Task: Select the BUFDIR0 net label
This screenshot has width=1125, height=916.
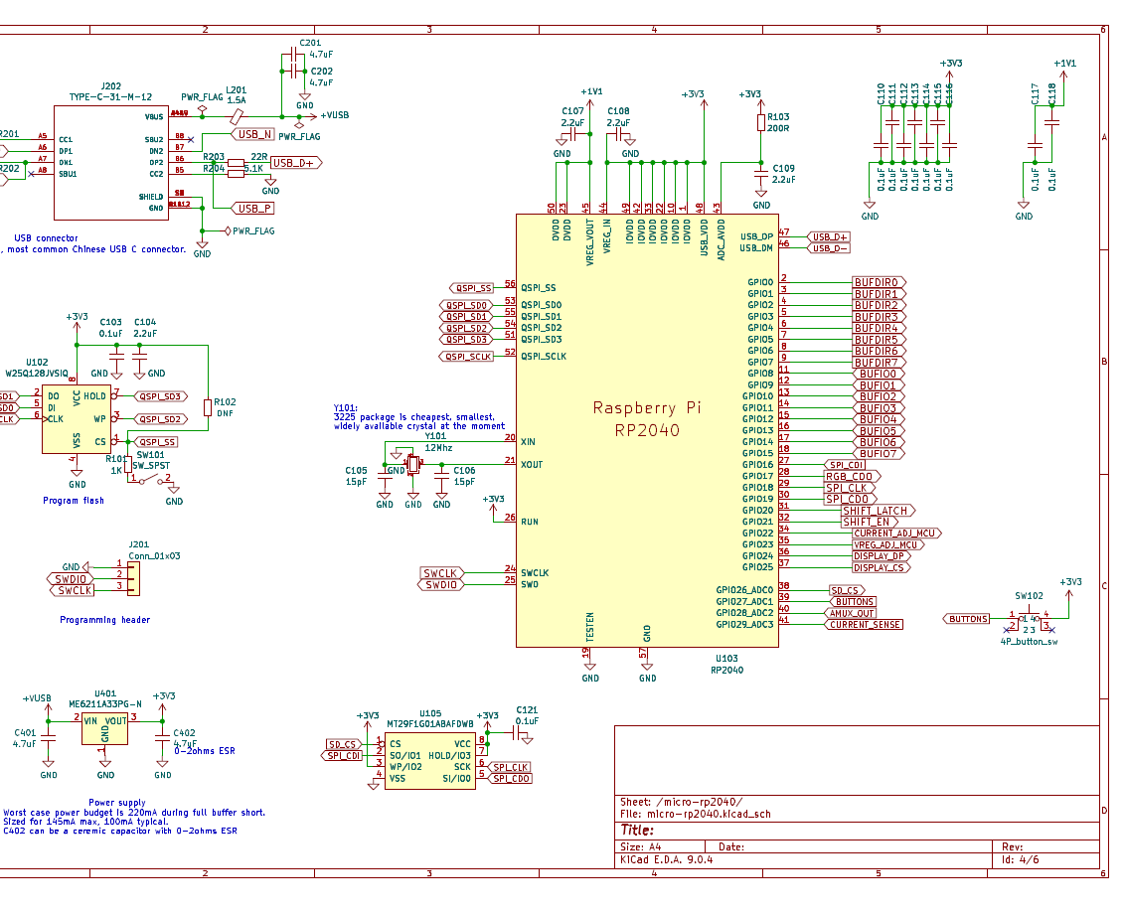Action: point(877,282)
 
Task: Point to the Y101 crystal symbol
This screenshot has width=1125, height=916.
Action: point(412,465)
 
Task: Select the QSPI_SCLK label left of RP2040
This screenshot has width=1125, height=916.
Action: point(470,356)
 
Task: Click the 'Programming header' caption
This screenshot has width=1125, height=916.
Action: point(104,620)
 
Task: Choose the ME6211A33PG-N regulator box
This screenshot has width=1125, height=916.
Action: point(104,730)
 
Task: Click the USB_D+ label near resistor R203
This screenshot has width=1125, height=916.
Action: point(295,163)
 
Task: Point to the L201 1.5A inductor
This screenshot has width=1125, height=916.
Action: point(236,116)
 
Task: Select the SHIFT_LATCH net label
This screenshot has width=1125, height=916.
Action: point(875,511)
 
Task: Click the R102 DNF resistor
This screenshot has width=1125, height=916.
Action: point(207,407)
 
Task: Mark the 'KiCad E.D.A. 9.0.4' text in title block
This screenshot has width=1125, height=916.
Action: point(666,860)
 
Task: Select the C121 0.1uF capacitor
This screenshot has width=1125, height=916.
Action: point(516,733)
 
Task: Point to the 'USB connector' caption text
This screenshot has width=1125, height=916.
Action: point(47,238)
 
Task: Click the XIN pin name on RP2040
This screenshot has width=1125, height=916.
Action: point(528,441)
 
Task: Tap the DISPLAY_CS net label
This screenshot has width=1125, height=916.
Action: point(879,567)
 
